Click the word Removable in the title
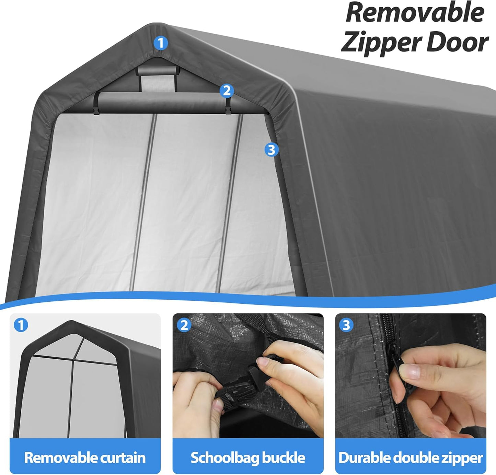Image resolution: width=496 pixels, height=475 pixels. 415,13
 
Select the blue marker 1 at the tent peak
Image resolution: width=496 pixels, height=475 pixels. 160,43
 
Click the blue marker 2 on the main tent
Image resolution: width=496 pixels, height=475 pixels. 227,91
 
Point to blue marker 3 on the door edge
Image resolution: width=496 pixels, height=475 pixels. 271,150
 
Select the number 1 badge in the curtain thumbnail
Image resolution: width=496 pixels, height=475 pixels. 21,325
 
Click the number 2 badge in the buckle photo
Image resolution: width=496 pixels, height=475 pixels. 184,325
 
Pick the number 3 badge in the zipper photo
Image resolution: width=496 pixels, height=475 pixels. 346,325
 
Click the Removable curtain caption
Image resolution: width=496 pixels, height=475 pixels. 85,457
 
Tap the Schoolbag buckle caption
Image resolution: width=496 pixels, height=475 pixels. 248,457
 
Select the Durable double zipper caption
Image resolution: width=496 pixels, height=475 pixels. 411,457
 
